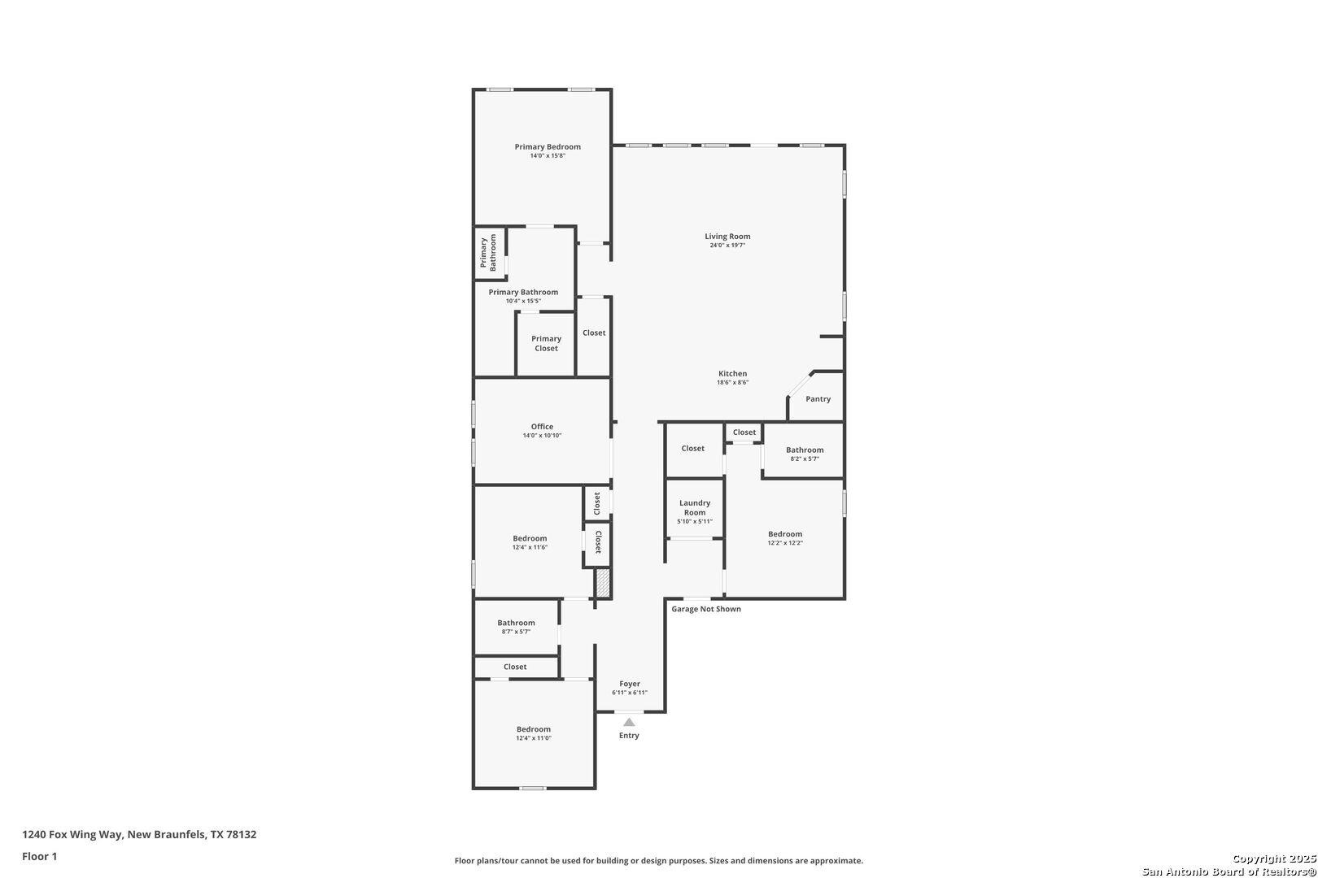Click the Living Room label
(727, 237)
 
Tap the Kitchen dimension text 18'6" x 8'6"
(732, 382)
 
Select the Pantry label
(818, 398)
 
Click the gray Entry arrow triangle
(629, 722)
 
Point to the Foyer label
(630, 684)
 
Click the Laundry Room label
(695, 507)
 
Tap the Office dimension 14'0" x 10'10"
(542, 436)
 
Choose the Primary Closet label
(546, 343)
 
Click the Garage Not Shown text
(706, 609)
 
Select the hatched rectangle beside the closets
(603, 583)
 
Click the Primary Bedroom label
(548, 147)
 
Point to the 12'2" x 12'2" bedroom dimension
(785, 543)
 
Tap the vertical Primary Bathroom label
(488, 252)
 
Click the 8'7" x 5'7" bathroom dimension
(516, 632)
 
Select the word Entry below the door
(629, 736)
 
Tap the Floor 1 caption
(39, 856)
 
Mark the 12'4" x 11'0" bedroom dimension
(534, 738)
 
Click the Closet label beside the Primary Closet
(594, 333)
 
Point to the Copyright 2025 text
(1274, 859)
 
